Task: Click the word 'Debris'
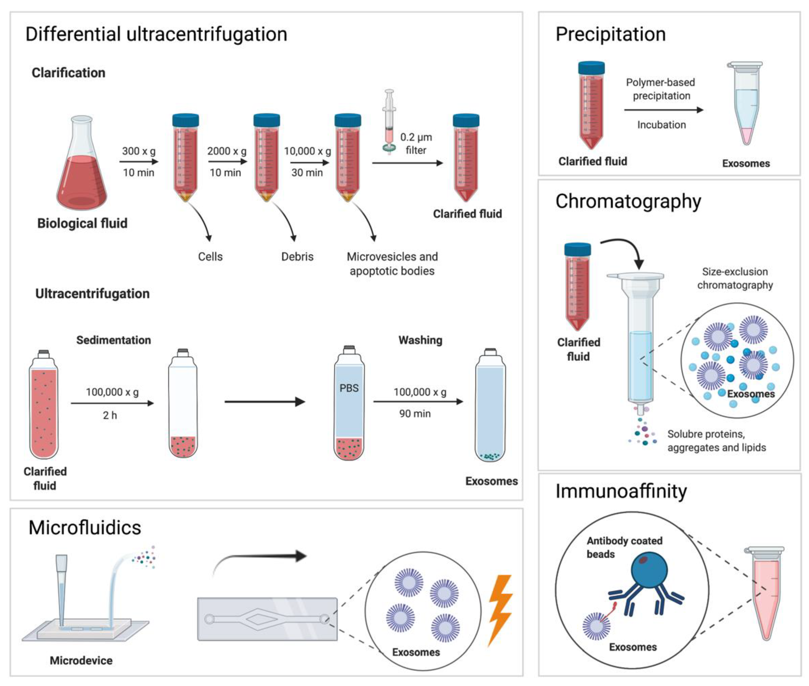click(297, 257)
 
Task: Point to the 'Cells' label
click(210, 257)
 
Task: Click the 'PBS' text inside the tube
click(349, 388)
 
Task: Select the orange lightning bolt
click(500, 609)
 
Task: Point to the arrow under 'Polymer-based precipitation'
click(663, 110)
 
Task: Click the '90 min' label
click(415, 414)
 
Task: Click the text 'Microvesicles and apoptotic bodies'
click(392, 264)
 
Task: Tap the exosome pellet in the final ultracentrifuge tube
click(490, 456)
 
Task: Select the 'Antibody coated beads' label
click(624, 547)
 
